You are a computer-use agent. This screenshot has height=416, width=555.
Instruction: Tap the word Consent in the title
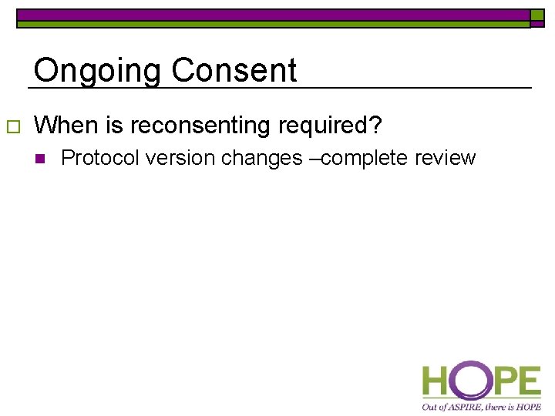234,71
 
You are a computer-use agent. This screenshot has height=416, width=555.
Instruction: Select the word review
446,158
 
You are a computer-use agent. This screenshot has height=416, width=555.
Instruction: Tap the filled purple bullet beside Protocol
41,159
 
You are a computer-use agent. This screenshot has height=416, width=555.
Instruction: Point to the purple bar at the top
273,14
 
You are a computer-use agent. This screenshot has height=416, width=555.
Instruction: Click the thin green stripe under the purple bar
273,24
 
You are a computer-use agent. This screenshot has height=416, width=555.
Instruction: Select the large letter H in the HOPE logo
436,381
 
